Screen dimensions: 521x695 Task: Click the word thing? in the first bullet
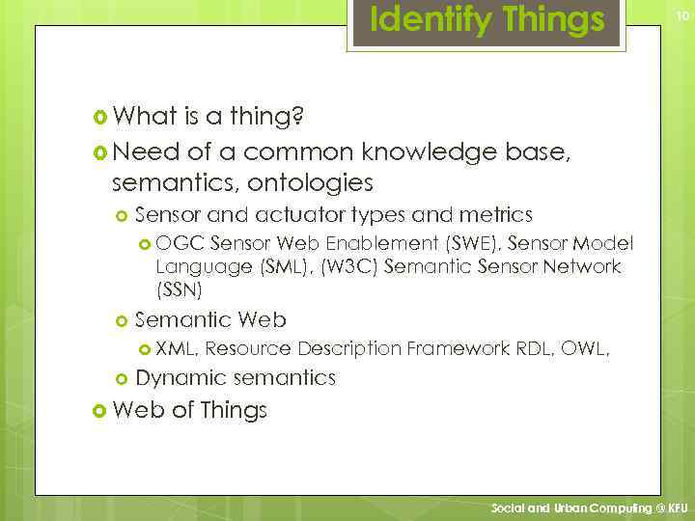(266, 118)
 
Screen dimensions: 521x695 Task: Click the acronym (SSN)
(179, 288)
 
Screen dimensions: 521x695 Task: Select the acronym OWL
(582, 348)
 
